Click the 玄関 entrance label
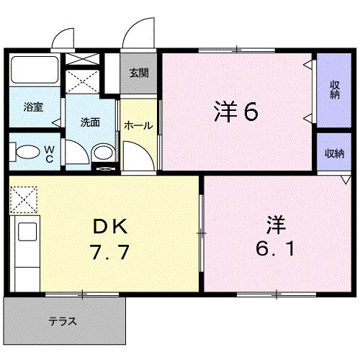pos(139,73)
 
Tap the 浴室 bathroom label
pos(33,107)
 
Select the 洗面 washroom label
pos(90,122)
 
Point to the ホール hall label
pos(138,125)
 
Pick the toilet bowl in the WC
pos(27,153)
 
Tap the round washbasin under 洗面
pos(103,153)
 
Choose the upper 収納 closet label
pos(335,91)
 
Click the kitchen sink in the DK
pos(27,232)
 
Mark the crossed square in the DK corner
pos(23,198)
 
